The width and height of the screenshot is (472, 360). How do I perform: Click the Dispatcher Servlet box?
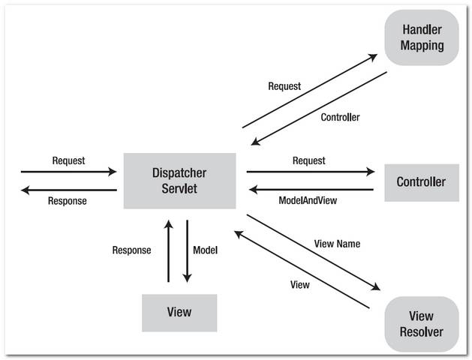179,181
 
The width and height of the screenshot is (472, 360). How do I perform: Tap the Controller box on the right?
421,181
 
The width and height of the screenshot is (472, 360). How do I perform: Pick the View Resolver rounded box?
421,323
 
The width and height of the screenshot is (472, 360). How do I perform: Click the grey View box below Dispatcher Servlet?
179,312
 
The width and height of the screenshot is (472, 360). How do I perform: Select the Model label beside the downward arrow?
205,250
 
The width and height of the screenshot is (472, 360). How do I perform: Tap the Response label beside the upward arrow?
131,250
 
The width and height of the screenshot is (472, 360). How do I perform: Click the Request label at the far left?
68,160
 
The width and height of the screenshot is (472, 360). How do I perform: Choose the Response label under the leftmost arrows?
68,200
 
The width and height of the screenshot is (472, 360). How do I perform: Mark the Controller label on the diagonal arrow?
340,117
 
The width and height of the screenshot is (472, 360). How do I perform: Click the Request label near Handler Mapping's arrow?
284,86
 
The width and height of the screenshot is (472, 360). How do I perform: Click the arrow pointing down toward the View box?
187,251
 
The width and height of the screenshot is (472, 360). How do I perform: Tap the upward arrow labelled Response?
169,251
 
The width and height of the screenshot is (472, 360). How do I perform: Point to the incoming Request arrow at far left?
69,172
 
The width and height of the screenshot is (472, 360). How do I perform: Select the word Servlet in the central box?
179,188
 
